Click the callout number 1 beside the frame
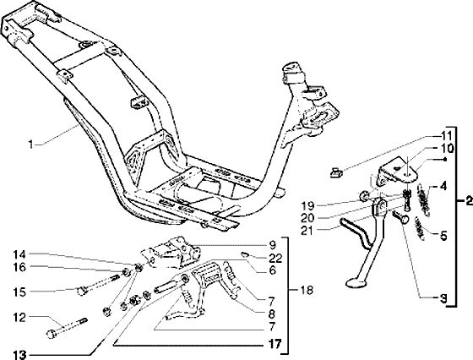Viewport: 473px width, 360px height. pos(30,145)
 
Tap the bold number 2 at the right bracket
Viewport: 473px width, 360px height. pos(469,200)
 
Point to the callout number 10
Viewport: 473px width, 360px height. pos(447,149)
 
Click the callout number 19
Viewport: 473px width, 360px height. pos(307,206)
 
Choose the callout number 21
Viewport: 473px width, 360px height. pos(307,231)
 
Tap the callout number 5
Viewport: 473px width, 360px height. pos(443,236)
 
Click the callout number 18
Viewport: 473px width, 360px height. pos(306,291)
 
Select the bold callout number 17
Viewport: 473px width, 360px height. pos(275,344)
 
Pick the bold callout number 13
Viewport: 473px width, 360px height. pos(20,355)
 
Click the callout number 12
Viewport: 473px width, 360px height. pos(19,317)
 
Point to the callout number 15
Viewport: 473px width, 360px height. pos(19,292)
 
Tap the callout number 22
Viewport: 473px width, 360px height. pos(275,258)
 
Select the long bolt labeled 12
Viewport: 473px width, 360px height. pos(67,328)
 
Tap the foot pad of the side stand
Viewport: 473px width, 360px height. pos(356,283)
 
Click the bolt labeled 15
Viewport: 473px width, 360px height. pos(98,285)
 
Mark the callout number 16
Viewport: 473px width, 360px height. pos(19,267)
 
